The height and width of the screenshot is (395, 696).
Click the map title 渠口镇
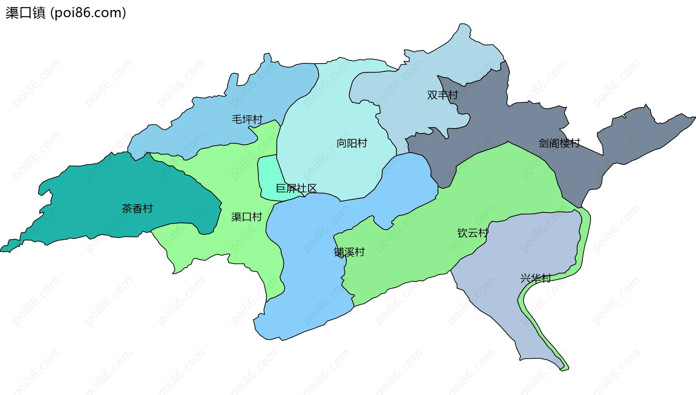(25, 13)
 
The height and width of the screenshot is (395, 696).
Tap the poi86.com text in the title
(88, 13)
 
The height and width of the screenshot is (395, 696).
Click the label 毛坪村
(247, 119)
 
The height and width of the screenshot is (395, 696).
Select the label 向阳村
(352, 143)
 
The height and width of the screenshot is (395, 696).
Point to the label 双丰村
(442, 95)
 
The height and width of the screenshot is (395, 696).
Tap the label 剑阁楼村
(559, 143)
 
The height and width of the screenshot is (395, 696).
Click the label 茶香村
(137, 208)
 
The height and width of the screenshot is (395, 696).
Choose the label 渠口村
(246, 217)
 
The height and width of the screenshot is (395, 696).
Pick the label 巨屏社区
(296, 188)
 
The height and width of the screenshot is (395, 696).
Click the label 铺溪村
(349, 252)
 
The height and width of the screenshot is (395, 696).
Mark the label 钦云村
(473, 233)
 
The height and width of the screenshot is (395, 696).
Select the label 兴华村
(535, 278)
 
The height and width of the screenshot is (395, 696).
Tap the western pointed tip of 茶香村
(3, 250)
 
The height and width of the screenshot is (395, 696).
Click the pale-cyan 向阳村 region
(326, 109)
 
